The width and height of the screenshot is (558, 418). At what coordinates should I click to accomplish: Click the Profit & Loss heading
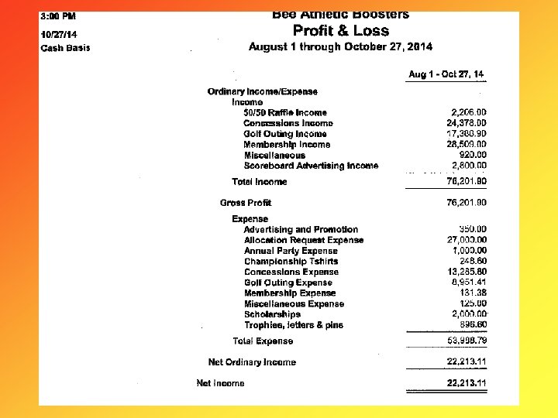(x=341, y=31)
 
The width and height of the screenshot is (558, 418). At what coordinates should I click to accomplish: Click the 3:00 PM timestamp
(x=58, y=16)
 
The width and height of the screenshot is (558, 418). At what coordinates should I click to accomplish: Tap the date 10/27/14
(x=59, y=34)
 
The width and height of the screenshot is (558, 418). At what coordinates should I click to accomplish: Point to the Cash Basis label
(x=65, y=48)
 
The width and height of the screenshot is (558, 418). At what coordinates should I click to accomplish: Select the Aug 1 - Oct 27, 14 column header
(x=446, y=74)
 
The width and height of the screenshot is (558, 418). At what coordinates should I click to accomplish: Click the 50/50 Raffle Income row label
(x=284, y=113)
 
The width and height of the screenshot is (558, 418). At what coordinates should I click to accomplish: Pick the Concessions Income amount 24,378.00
(x=467, y=123)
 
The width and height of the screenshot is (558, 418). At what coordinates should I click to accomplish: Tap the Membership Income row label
(x=286, y=145)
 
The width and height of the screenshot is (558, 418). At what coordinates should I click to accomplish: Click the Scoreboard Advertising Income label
(x=311, y=166)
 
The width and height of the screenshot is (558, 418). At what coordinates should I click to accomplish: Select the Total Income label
(x=259, y=182)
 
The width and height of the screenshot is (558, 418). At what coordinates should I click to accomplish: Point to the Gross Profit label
(x=245, y=203)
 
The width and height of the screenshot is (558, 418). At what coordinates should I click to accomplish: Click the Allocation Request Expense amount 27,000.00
(x=467, y=240)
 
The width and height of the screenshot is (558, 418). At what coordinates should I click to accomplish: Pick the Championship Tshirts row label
(x=291, y=262)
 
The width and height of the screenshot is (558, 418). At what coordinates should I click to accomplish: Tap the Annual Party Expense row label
(x=291, y=251)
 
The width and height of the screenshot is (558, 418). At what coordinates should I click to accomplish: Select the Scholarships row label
(x=272, y=314)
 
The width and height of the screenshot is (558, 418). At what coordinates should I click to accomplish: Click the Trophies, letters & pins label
(x=293, y=325)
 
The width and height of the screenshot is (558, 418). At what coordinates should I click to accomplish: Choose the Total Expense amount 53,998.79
(x=467, y=341)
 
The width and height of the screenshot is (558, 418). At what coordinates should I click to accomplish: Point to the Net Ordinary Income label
(x=252, y=362)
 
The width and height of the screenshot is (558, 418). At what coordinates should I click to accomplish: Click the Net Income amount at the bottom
(x=467, y=383)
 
